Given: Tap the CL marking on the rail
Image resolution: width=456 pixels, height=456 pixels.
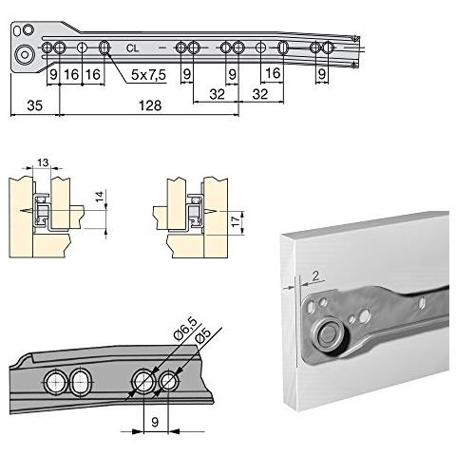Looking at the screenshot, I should [131, 47].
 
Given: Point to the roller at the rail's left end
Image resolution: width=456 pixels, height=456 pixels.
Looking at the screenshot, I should [25, 54].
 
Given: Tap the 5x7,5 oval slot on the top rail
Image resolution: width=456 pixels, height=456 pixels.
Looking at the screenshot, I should [104, 47].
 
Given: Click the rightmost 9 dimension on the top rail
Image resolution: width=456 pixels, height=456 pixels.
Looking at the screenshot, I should [321, 72].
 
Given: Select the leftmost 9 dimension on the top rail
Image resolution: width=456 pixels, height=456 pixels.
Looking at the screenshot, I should [53, 72].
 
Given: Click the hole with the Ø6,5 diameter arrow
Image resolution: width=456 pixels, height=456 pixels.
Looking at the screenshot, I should [142, 381].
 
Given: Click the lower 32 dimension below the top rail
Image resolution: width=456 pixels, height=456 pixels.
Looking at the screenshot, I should [215, 94].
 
